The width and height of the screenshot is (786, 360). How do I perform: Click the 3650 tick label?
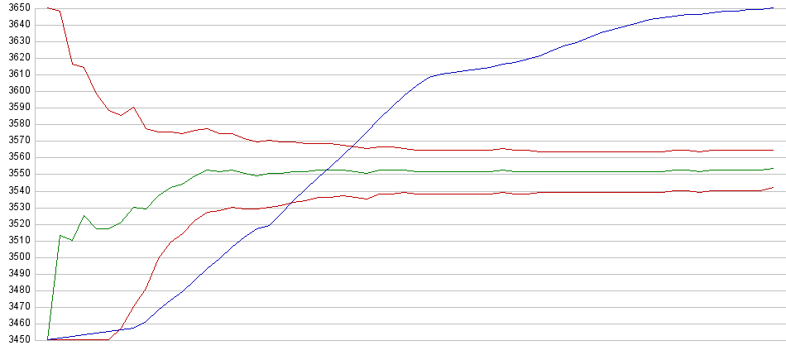tap(17, 7)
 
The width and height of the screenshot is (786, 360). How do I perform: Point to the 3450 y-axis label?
tap(17, 339)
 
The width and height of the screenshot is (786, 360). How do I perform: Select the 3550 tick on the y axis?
tap(17, 174)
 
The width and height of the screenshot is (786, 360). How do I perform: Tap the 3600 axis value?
tap(17, 91)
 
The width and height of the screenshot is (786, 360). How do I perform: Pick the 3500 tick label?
tap(17, 257)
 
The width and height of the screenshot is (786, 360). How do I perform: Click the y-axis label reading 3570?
tap(17, 141)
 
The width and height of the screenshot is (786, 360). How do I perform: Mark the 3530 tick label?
tap(17, 207)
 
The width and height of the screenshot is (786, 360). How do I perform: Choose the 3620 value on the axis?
tap(17, 58)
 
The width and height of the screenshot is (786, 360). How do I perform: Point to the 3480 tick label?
tap(17, 290)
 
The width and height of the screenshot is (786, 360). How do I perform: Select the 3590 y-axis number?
tap(17, 108)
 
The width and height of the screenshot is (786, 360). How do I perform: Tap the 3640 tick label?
tap(17, 25)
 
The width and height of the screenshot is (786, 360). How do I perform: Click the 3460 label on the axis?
tap(17, 323)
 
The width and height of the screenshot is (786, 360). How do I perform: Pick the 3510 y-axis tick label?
tap(17, 240)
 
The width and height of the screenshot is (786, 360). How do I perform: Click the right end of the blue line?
tap(773, 8)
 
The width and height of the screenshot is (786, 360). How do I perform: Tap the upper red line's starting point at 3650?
tap(48, 8)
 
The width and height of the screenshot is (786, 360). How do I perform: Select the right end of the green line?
tap(773, 168)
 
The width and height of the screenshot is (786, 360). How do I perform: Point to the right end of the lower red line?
tap(773, 187)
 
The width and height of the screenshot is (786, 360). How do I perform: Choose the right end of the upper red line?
tap(773, 150)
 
